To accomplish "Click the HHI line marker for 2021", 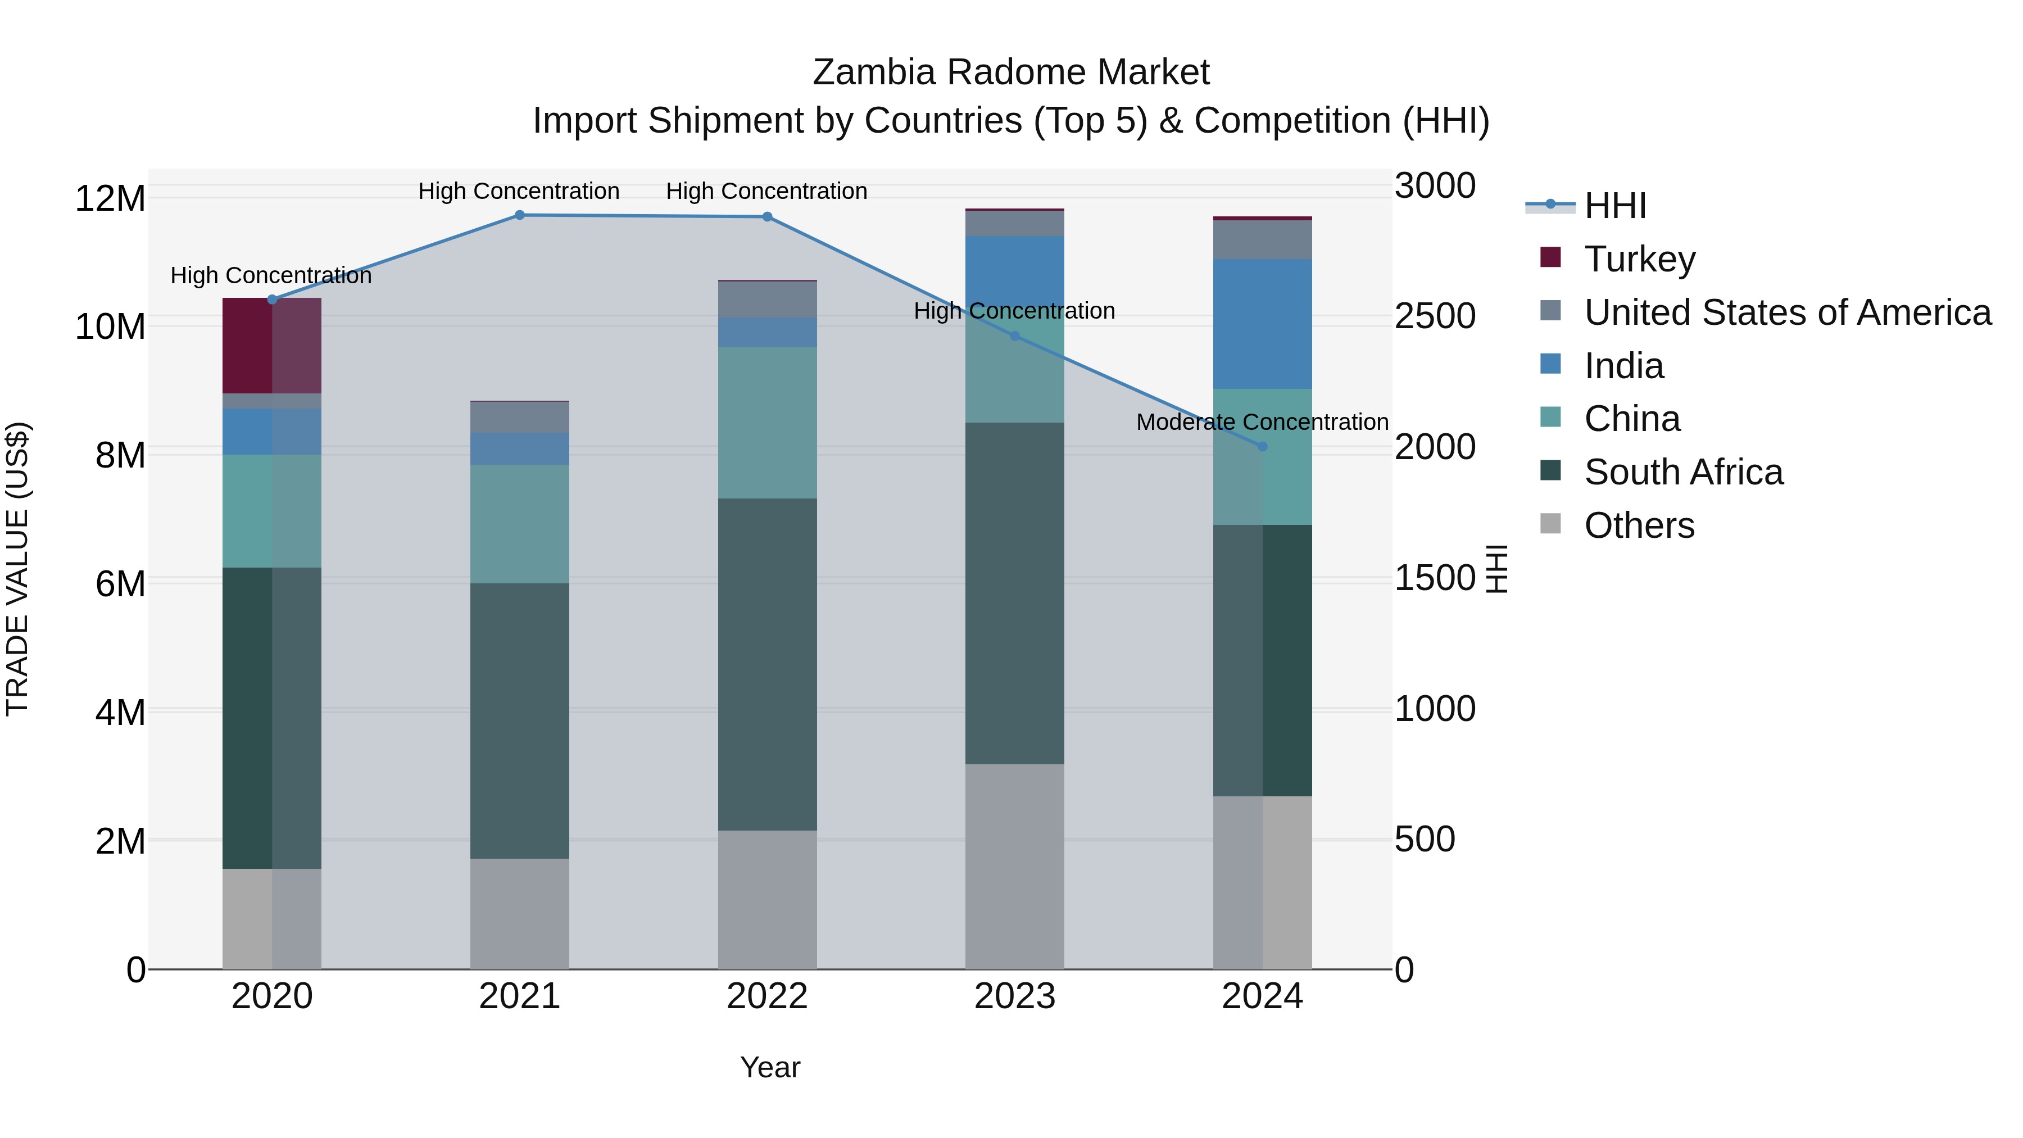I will tap(519, 215).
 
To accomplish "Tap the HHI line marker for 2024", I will tap(1262, 446).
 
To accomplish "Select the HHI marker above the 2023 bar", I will tap(1015, 336).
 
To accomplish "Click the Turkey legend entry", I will tap(1639, 259).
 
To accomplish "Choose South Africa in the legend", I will tap(1683, 472).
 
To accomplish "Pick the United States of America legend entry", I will tap(1786, 312).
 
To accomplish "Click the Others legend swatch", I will tap(1550, 524).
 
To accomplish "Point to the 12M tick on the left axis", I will tap(110, 198).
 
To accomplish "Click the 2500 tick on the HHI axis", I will tap(1435, 316).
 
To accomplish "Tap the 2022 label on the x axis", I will tap(766, 996).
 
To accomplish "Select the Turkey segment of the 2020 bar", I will tap(272, 346).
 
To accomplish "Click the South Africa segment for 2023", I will tap(1015, 593).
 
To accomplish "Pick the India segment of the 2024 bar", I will tap(1262, 324).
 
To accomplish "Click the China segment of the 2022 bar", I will tap(767, 423).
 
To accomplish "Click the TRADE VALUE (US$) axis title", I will tap(17, 569).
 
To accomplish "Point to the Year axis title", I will tap(770, 1067).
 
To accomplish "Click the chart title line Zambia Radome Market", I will tap(1011, 72).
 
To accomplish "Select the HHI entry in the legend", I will tap(1614, 206).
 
